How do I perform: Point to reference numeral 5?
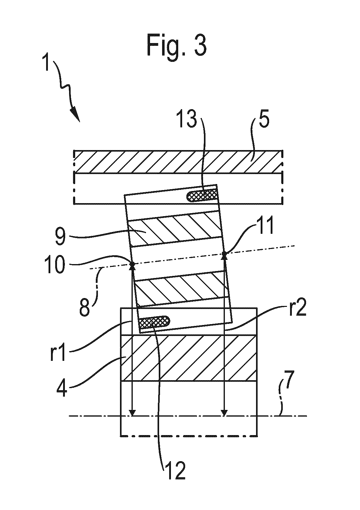pyautogui.click(x=264, y=119)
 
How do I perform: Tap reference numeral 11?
pyautogui.click(x=265, y=225)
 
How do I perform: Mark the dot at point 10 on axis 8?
pyautogui.click(x=132, y=264)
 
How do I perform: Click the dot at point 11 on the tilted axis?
pyautogui.click(x=224, y=253)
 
